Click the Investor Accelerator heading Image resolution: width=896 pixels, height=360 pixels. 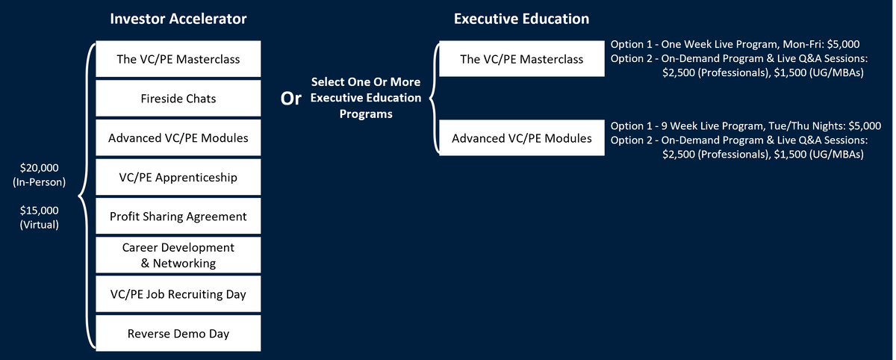tap(178, 19)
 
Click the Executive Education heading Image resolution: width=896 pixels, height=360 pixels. tap(520, 19)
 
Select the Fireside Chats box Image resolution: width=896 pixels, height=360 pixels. tap(178, 99)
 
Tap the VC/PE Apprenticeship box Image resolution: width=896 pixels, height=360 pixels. tap(178, 177)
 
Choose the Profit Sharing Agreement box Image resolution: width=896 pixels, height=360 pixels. tap(178, 217)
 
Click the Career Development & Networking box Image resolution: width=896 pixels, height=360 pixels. tap(178, 255)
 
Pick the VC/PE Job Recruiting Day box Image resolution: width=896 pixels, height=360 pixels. tap(178, 294)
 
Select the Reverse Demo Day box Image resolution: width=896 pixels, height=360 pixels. tap(178, 334)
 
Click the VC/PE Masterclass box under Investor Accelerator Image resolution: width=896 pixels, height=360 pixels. tap(178, 59)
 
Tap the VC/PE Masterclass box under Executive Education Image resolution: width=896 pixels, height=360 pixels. tap(522, 59)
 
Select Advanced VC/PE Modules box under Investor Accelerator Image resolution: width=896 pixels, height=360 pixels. tap(178, 138)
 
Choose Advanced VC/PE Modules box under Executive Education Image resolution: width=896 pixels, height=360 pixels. tap(522, 138)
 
